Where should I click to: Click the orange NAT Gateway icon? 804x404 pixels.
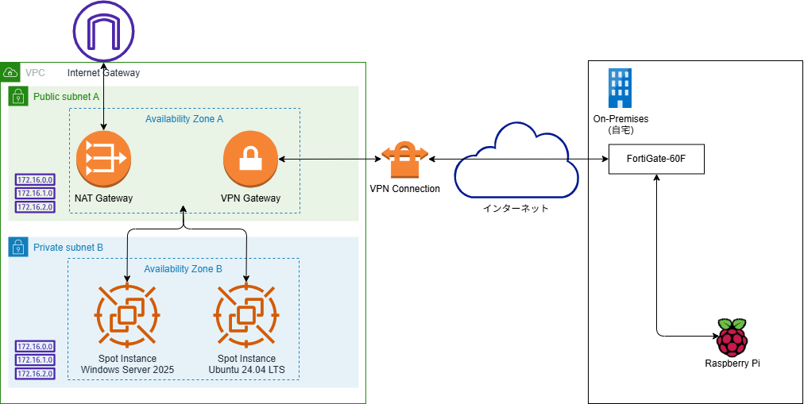coord(103,159)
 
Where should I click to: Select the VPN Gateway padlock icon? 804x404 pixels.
coord(250,159)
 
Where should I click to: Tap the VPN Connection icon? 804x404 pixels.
coord(405,161)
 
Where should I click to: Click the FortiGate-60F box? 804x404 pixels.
coord(656,160)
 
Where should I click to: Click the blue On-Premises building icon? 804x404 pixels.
coord(620,87)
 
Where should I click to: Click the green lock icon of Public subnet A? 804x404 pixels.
coord(18,97)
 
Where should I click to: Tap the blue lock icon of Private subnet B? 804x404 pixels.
coord(18,247)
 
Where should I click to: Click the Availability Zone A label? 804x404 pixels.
coord(184,118)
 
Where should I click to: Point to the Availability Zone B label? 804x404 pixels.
coord(183,268)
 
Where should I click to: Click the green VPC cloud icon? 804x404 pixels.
coord(11,72)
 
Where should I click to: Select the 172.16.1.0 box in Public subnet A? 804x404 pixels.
coord(34,194)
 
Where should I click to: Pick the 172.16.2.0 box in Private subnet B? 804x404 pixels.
coord(34,373)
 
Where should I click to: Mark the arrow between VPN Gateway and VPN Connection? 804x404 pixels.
coord(329,160)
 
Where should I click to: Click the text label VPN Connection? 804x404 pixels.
coord(404,189)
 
